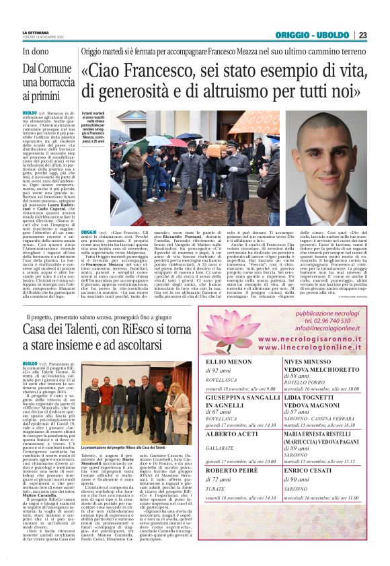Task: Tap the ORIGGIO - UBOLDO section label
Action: point(313,35)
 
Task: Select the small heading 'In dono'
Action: point(36,50)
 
